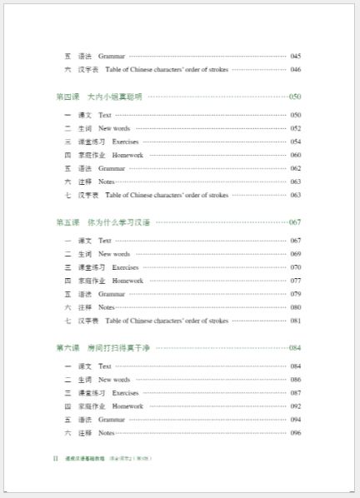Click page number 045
coord(295,56)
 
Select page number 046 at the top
coord(295,69)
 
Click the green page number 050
coord(295,97)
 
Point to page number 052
coord(295,128)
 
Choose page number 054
coord(295,142)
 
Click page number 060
coord(295,155)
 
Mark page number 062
coord(295,168)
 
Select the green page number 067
coord(295,222)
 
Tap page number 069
coord(295,254)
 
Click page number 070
coord(295,267)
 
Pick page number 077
coord(295,281)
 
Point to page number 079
coord(295,294)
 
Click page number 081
coord(295,321)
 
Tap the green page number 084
coord(295,347)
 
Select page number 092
coord(295,406)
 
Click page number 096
coord(295,433)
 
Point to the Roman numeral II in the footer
coord(55,459)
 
